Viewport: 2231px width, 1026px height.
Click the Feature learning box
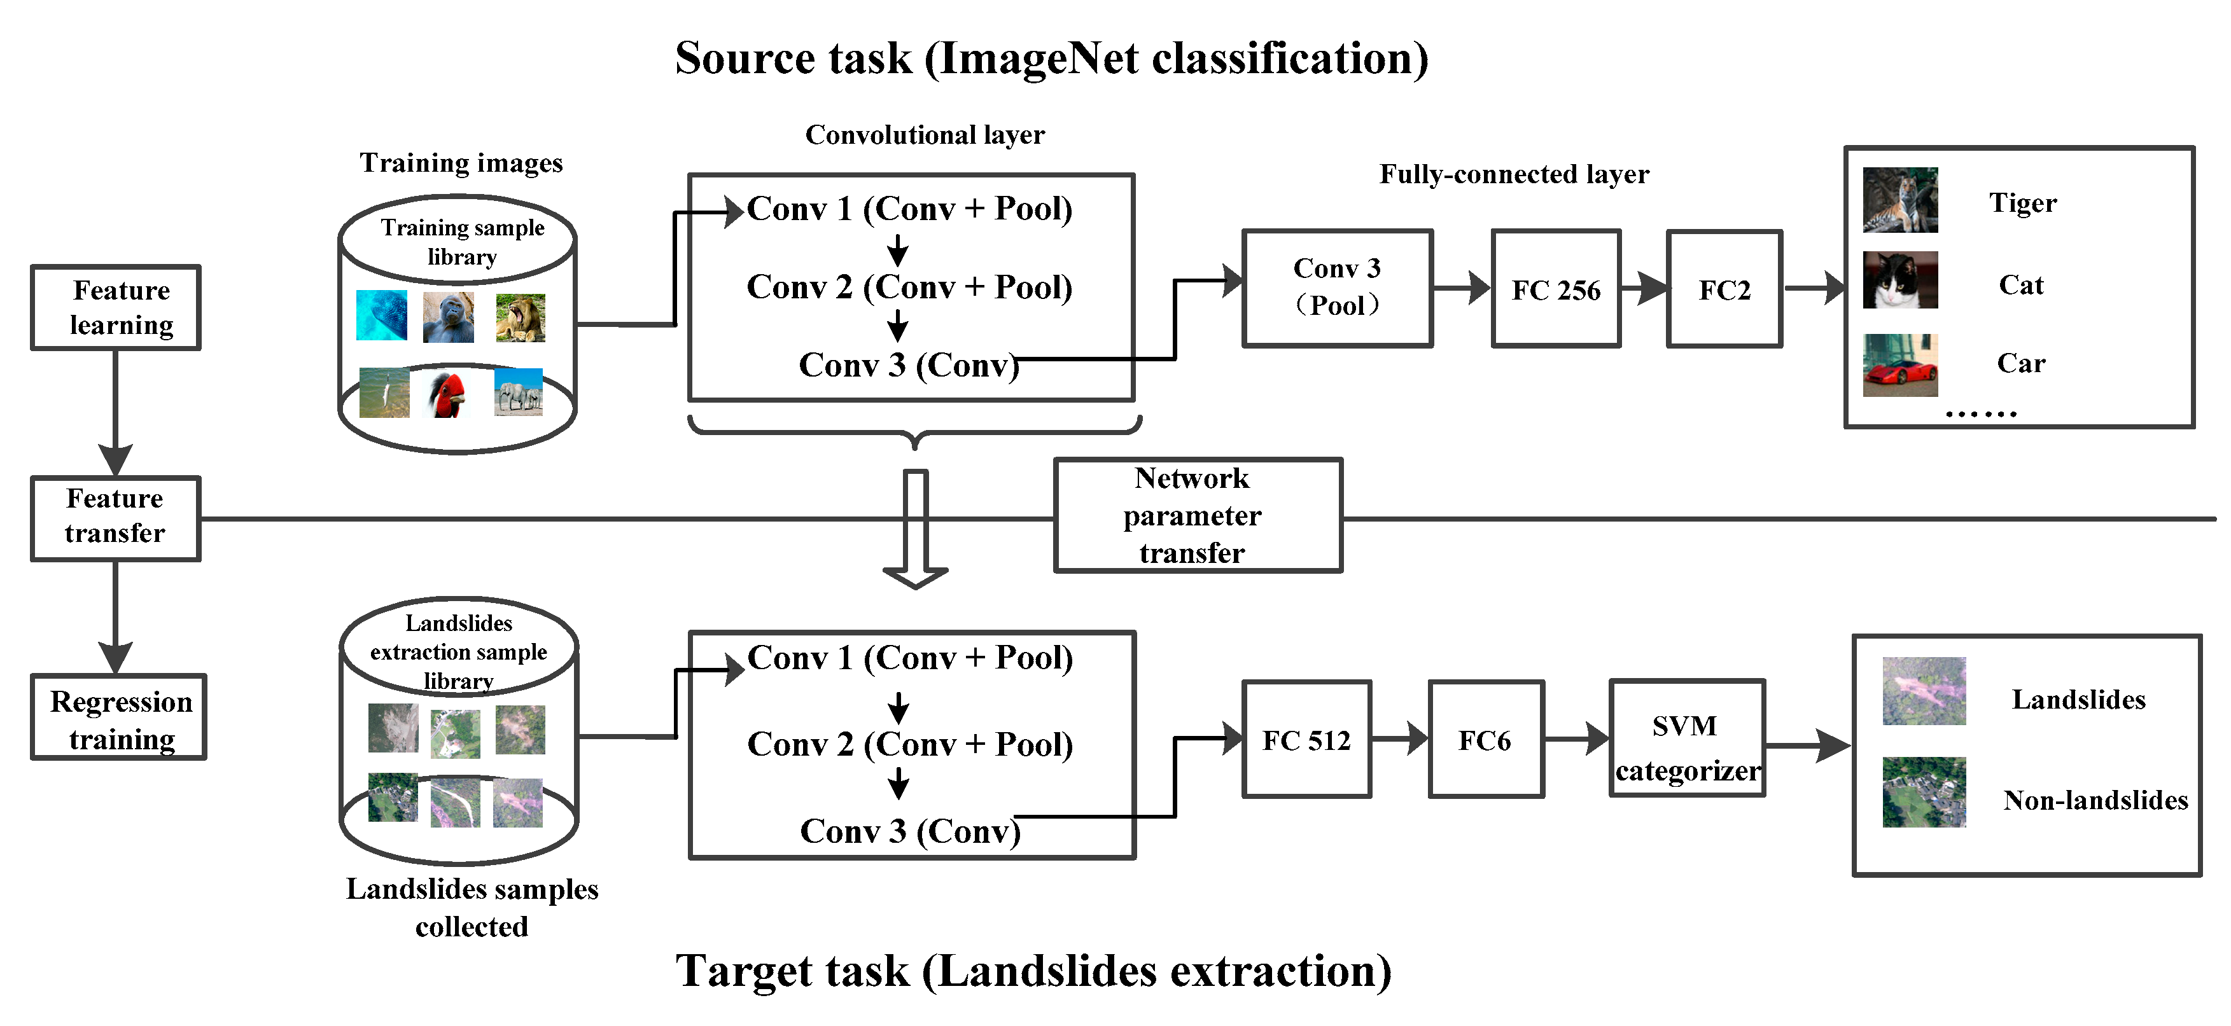115,307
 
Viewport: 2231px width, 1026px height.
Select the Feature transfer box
115,518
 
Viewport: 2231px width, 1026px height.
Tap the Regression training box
118,717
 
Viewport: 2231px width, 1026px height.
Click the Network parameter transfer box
1197,515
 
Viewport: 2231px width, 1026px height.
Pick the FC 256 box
1555,289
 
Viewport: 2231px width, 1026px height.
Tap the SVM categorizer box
1686,739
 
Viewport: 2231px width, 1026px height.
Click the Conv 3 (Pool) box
1336,288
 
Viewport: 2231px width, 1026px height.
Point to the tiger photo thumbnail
1899,200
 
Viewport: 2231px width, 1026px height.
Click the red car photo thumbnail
1899,365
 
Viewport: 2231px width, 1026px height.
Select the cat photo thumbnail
1899,281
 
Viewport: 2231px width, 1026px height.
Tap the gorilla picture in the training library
448,317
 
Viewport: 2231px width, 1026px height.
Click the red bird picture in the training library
447,394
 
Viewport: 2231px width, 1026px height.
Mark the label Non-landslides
2094,800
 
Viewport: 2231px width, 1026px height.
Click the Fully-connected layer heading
1513,174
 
